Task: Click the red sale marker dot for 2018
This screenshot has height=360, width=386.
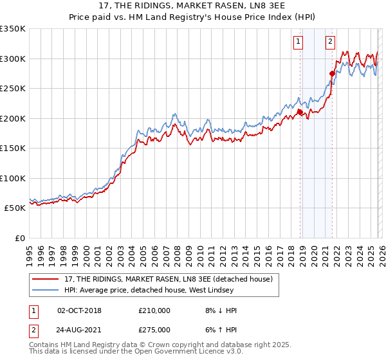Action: point(300,113)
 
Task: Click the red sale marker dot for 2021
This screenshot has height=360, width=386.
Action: point(333,73)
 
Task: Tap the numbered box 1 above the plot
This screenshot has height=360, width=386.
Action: point(299,42)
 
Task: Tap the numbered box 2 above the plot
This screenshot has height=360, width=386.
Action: point(330,42)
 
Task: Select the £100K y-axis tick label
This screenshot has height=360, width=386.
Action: point(13,178)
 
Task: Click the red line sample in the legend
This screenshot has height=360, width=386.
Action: point(46,279)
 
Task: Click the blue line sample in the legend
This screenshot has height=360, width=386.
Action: point(46,291)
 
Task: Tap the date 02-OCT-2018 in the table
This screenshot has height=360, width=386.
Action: point(79,310)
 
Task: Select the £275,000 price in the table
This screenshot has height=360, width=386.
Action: point(154,329)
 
